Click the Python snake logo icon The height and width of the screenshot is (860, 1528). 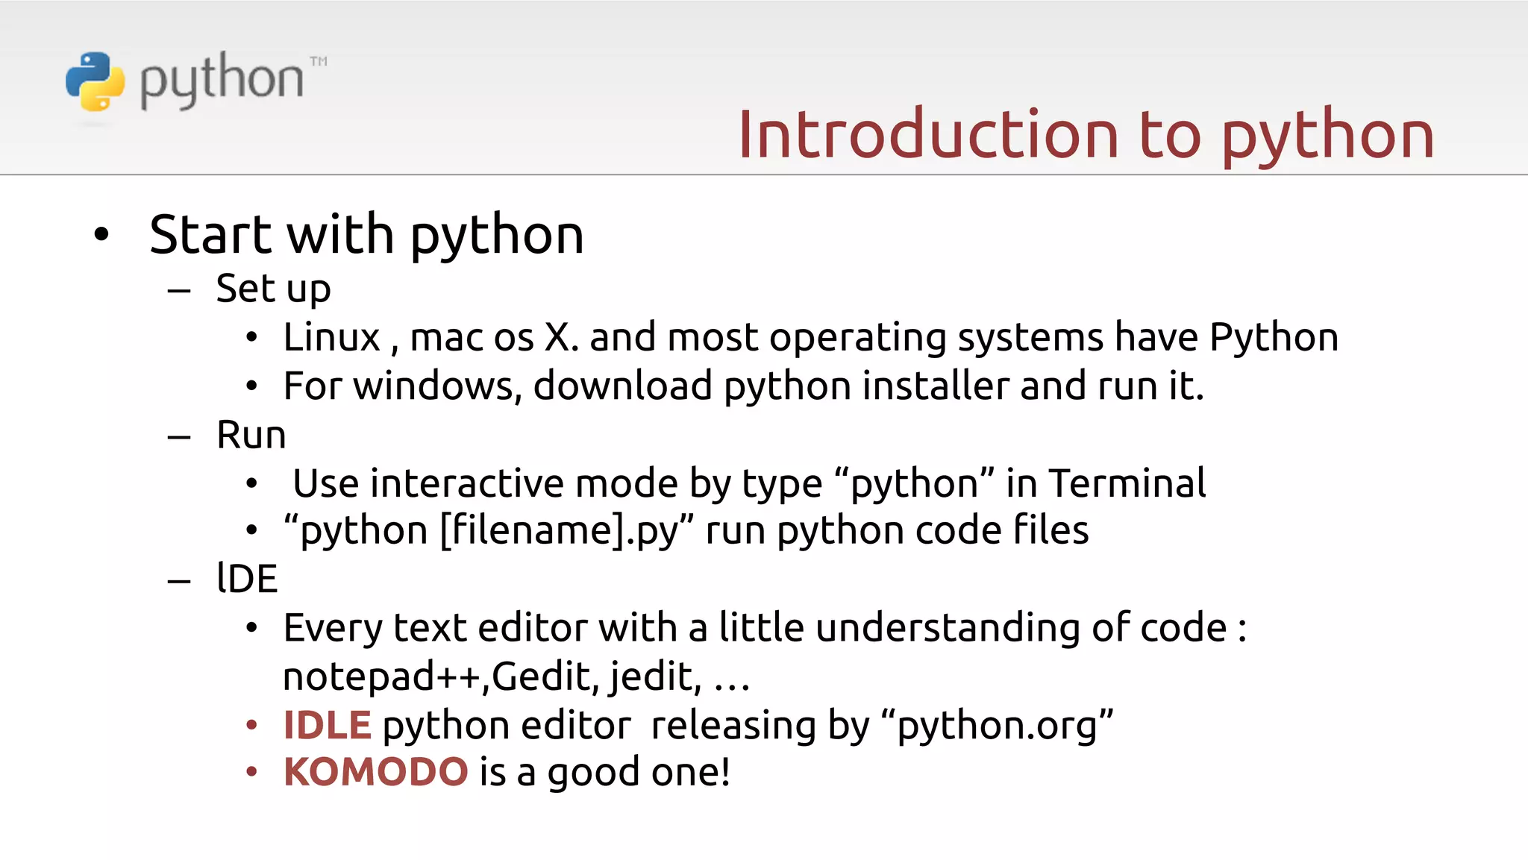95,81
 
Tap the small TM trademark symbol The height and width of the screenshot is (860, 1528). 319,61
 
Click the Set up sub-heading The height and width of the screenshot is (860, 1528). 273,289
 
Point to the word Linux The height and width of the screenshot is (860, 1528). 331,337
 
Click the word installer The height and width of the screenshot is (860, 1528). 936,386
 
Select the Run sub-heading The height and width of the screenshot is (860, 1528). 251,435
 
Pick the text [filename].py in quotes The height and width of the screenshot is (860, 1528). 560,531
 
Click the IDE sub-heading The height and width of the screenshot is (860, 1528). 247,579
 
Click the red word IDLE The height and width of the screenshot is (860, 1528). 327,725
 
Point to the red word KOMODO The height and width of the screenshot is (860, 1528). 375,772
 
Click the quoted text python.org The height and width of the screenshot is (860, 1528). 997,725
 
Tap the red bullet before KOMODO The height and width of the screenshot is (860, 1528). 252,772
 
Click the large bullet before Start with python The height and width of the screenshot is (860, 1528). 101,235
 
